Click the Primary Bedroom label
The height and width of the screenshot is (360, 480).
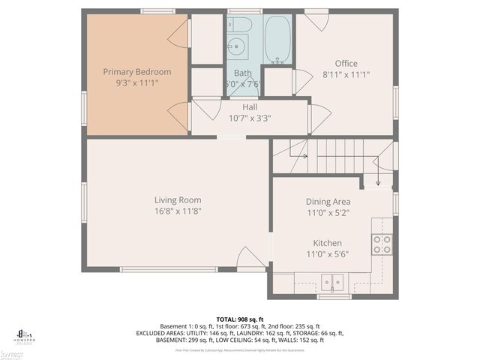(x=137, y=72)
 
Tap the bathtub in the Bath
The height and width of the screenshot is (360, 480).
(x=277, y=40)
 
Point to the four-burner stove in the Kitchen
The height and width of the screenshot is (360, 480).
(x=382, y=244)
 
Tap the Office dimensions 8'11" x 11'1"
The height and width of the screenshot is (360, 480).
(x=346, y=75)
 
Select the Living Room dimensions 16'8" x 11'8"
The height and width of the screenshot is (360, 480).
(x=178, y=211)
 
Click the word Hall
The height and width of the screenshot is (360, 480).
(x=250, y=107)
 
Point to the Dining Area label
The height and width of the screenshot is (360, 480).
(x=328, y=202)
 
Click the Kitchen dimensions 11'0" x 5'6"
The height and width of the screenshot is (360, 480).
(x=328, y=254)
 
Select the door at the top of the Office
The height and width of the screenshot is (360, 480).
(x=316, y=20)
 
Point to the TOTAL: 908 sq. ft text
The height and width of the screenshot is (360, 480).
(x=240, y=319)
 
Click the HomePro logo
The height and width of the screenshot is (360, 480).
(x=25, y=335)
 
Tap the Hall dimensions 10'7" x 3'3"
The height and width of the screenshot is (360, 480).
(x=250, y=118)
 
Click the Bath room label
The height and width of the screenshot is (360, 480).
(x=242, y=73)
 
